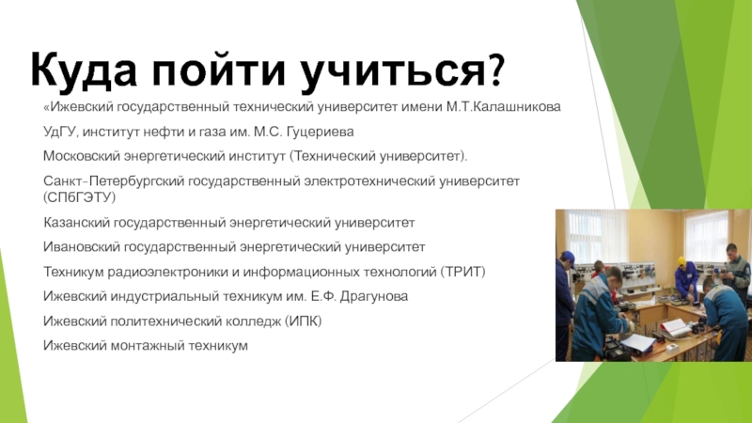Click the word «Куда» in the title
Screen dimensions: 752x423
84,70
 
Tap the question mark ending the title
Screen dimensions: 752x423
497,70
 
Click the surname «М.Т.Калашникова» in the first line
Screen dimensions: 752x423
504,106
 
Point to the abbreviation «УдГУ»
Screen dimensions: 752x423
60,132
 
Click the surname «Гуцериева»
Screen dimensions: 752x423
320,132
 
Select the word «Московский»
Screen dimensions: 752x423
82,156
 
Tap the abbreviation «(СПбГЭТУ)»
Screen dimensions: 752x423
80,197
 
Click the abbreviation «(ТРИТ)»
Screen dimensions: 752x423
462,272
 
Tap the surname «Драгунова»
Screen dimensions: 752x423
374,296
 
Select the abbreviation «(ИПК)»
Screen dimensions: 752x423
303,321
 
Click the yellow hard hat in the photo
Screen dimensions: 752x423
681,261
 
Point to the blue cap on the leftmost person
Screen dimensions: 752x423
568,256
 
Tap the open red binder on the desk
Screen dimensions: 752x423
673,327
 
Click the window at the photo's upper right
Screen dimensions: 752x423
707,237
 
